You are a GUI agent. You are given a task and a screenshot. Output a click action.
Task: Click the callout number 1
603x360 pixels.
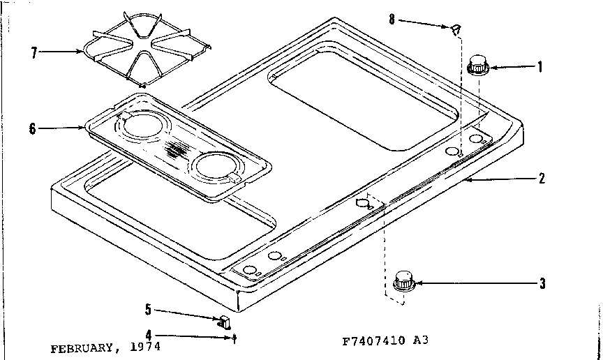click(539, 68)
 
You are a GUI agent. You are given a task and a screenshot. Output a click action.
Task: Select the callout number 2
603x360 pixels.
click(542, 178)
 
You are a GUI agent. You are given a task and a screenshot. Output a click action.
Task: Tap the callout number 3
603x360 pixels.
click(542, 283)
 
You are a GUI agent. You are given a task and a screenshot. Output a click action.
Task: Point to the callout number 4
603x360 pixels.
click(149, 334)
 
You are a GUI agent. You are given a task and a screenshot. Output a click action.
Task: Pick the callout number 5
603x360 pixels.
click(149, 309)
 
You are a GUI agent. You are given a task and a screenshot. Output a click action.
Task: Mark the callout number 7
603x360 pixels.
click(33, 51)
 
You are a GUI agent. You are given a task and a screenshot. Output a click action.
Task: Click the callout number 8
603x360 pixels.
click(392, 20)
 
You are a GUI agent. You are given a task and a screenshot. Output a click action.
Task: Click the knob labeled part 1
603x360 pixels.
click(477, 64)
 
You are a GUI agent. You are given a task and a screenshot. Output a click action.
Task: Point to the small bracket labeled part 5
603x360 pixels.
click(225, 320)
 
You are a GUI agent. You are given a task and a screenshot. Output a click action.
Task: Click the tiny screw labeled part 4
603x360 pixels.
click(234, 337)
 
